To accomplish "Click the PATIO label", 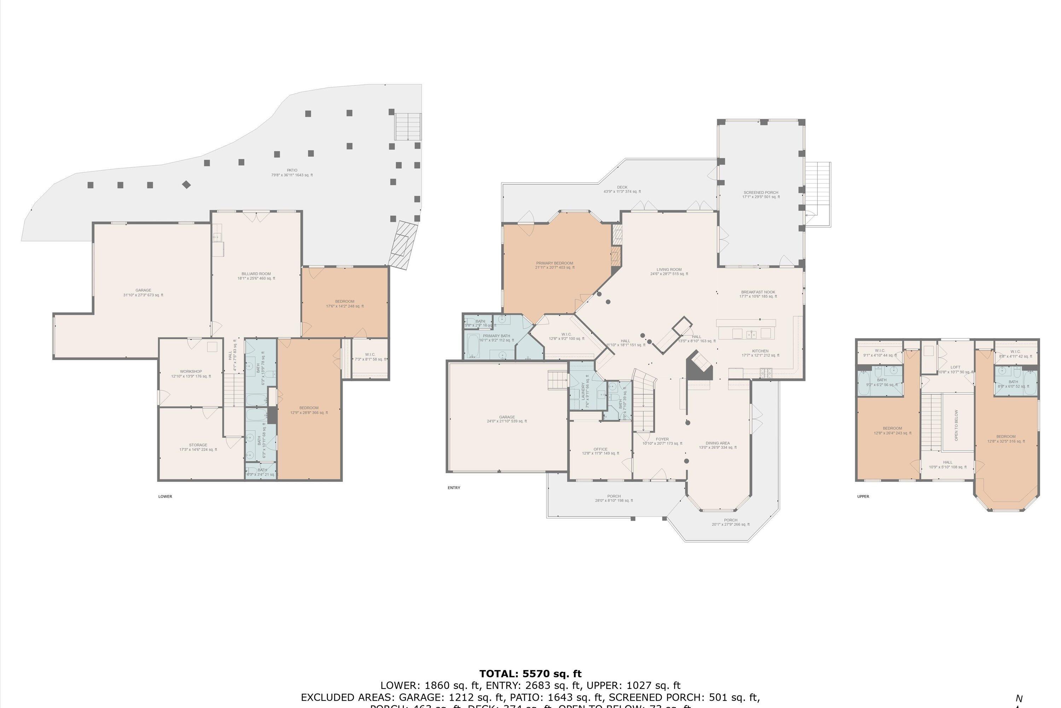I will [x=291, y=171].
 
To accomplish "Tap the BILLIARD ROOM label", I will [x=256, y=274].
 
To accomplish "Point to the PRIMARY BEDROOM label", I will [x=555, y=263].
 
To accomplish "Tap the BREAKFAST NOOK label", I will [x=758, y=292].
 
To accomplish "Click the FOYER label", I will [x=662, y=439].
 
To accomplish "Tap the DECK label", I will [x=622, y=187].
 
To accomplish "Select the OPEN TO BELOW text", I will [x=956, y=426].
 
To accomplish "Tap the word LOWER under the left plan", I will [x=165, y=497].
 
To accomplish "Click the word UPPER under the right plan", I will [x=863, y=497].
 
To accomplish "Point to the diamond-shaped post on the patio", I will [x=186, y=185].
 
